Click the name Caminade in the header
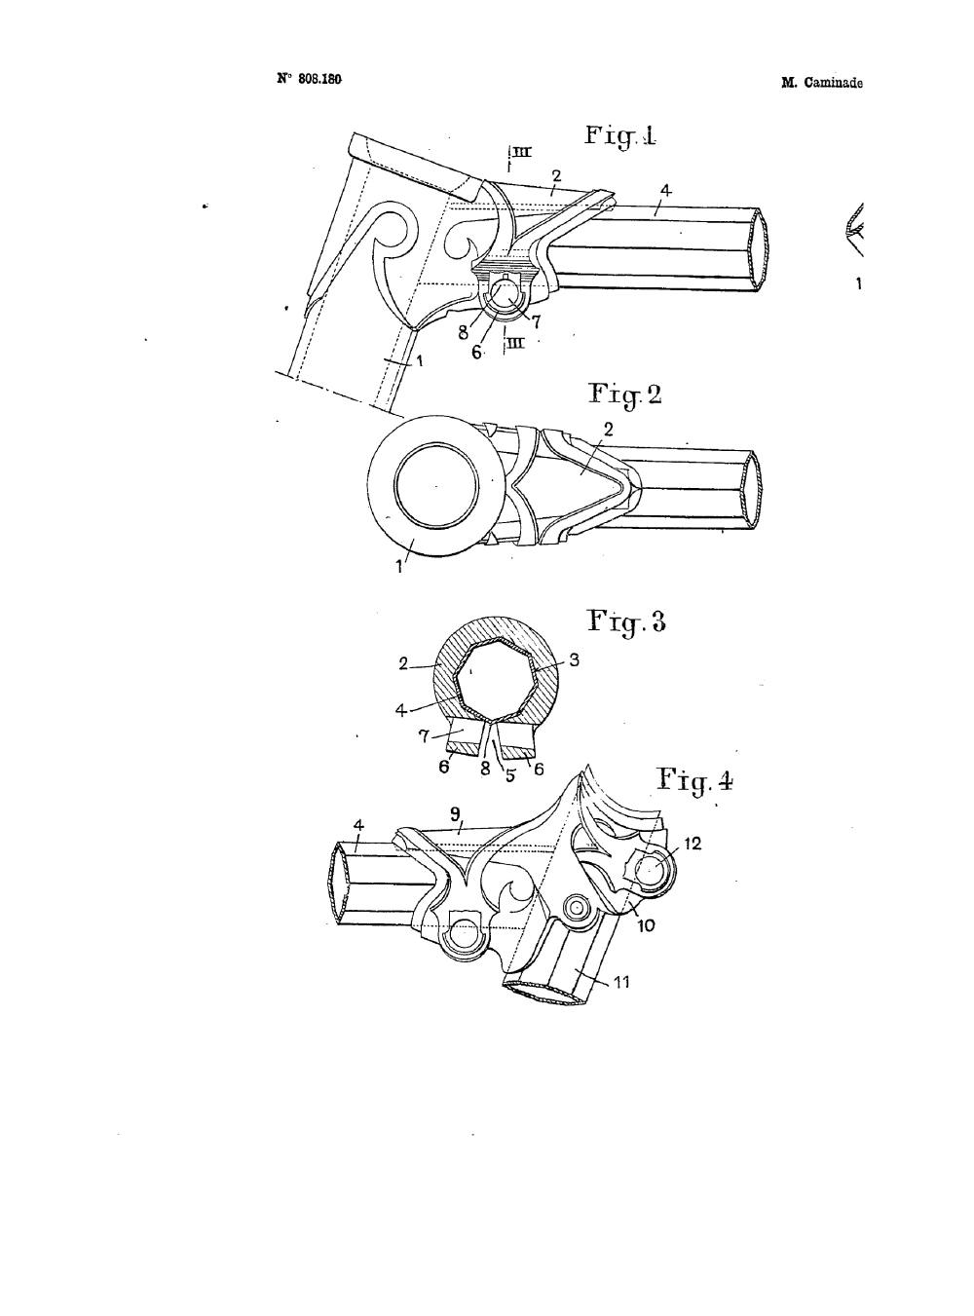[833, 83]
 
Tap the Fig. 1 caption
[620, 135]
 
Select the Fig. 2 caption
[624, 395]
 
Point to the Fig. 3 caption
[627, 622]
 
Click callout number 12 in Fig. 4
[693, 844]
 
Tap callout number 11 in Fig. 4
[620, 982]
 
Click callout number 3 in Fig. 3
[574, 659]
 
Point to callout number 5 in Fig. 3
[509, 774]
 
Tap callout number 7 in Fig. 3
[424, 736]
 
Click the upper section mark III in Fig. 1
[522, 153]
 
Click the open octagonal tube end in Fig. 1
[761, 248]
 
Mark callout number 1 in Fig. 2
[399, 567]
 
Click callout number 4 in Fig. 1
[666, 191]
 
